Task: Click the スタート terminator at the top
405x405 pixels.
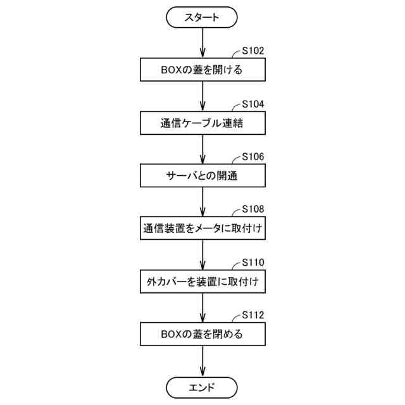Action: pos(202,18)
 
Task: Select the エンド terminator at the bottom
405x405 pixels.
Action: pos(202,387)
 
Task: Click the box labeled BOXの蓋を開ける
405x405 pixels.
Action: pos(202,70)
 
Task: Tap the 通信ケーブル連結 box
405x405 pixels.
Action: pos(202,123)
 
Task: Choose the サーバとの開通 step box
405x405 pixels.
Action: pos(202,175)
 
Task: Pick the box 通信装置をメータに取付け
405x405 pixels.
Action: pos(202,228)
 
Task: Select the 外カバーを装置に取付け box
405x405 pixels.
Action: pos(202,280)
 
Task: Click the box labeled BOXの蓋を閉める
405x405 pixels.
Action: pos(202,333)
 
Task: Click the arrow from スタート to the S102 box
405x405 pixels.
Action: pos(202,43)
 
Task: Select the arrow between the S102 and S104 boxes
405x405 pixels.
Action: pos(202,96)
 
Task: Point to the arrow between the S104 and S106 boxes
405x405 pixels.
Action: pos(202,149)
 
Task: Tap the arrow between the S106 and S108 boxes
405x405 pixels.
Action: pos(202,201)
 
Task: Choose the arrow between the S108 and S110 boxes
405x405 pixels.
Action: pos(202,254)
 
